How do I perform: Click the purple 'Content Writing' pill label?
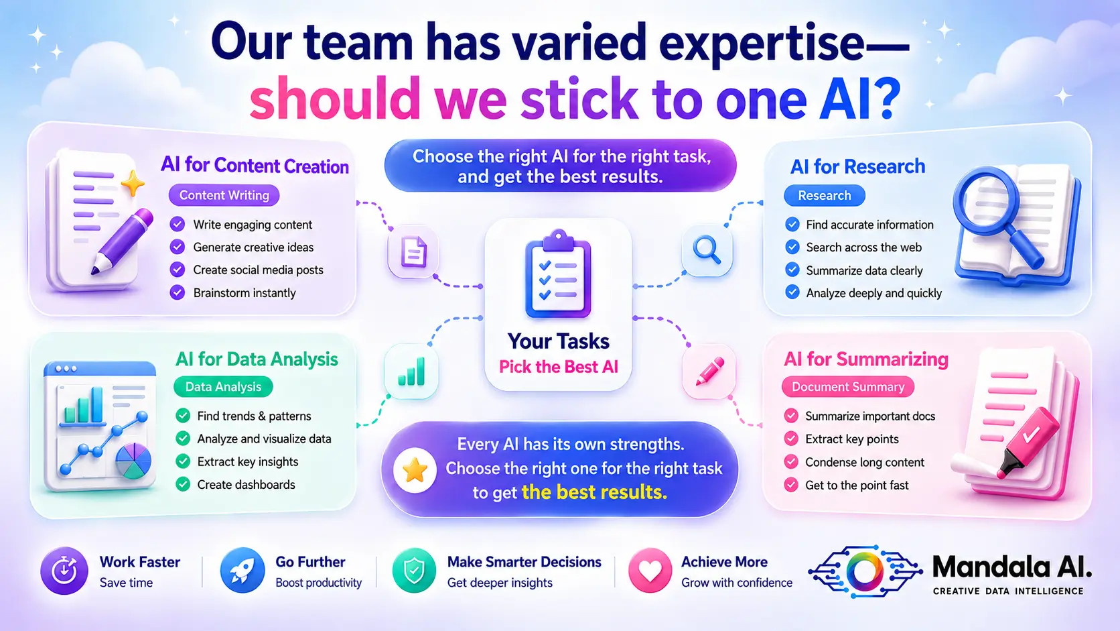[224, 195]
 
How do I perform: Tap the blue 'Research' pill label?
[824, 195]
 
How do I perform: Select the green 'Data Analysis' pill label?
[223, 387]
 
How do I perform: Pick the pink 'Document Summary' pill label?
[848, 387]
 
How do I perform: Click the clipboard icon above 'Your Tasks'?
[558, 274]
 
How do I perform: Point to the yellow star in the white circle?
[415, 470]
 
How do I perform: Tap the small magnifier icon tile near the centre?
[707, 251]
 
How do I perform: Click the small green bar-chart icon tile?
[411, 371]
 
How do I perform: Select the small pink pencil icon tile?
[709, 371]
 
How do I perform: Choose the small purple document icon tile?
[413, 251]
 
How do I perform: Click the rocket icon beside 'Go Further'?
[242, 571]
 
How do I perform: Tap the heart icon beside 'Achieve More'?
[650, 571]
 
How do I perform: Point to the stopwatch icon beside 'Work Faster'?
[64, 571]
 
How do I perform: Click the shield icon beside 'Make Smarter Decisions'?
[414, 571]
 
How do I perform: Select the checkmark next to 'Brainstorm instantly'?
[177, 292]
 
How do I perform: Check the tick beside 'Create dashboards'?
[183, 484]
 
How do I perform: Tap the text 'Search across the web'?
[863, 247]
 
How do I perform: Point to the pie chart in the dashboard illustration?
[133, 461]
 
